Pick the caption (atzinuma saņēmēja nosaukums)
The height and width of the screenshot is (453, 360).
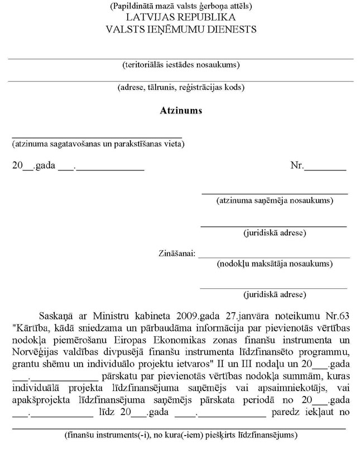click(275, 199)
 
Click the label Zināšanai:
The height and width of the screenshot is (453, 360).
click(177, 254)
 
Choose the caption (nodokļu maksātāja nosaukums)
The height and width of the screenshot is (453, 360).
click(275, 263)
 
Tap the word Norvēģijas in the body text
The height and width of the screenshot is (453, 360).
click(35, 350)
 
